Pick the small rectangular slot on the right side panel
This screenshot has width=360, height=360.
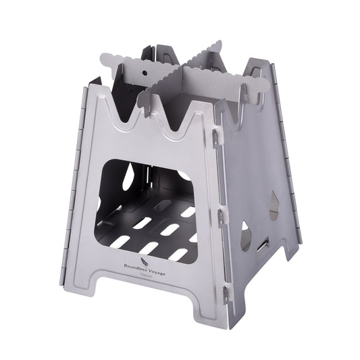pyautogui.click(x=263, y=241)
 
